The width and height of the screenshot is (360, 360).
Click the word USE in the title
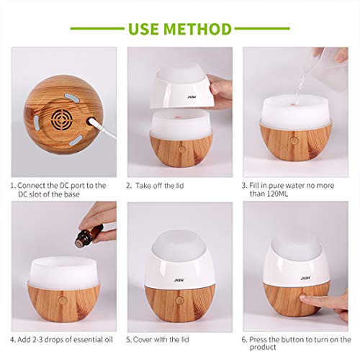tap(148, 29)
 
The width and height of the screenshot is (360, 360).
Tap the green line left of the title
tap(98, 30)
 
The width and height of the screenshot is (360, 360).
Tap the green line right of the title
tap(262, 30)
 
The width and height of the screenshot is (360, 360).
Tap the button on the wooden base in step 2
tap(181, 148)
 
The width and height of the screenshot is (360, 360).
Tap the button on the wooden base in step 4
tap(63, 298)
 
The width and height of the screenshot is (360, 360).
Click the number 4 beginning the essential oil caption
tap(12, 339)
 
